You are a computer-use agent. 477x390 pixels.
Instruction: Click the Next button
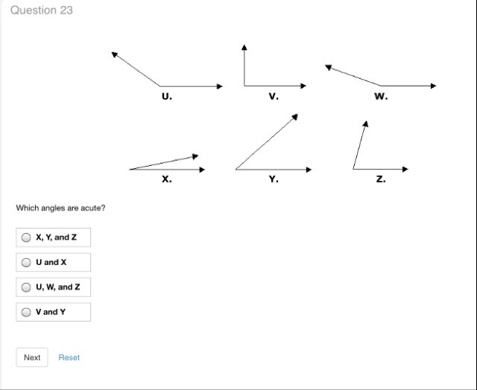pos(32,357)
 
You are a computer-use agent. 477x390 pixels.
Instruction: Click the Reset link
pos(69,357)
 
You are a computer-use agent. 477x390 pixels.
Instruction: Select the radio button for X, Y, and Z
pos(26,237)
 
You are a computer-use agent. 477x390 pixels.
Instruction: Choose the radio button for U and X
pos(26,262)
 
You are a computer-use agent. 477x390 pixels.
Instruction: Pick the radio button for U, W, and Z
pos(26,287)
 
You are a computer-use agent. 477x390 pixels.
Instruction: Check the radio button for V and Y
pos(26,312)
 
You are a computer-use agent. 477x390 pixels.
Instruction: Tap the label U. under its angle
pos(166,96)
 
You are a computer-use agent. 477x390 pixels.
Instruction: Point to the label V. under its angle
pos(274,96)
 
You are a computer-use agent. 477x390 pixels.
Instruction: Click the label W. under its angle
pos(381,96)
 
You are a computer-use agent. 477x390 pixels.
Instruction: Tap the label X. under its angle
pos(166,179)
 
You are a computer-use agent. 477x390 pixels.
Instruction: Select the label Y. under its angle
pos(274,179)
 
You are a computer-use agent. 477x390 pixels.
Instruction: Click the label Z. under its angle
pos(381,179)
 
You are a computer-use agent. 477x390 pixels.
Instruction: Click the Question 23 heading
pos(42,10)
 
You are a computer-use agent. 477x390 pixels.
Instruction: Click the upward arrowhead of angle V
pos(244,47)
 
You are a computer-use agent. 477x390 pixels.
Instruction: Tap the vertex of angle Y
pos(236,169)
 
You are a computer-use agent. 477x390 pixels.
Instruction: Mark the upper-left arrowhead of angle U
pos(114,54)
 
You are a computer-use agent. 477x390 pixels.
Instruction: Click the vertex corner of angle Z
pos(355,169)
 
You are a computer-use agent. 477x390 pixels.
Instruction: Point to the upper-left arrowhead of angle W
pos(328,67)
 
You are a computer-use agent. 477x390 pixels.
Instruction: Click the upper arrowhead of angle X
pos(195,156)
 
